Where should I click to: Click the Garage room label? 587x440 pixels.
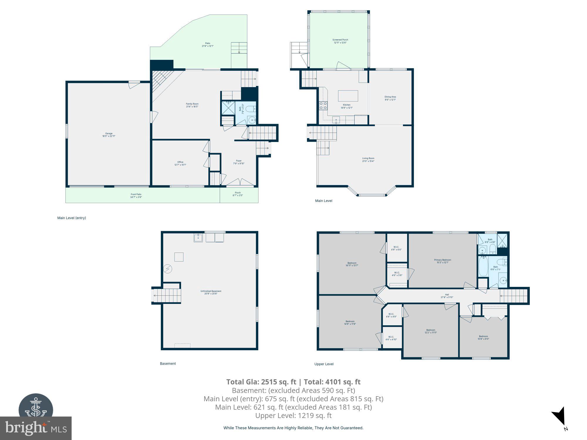(x=109, y=135)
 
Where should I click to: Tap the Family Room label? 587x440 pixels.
(x=192, y=105)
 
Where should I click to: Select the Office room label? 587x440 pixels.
(x=180, y=163)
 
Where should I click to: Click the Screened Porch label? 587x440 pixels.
(x=340, y=41)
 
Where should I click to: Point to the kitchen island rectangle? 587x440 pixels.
(x=348, y=96)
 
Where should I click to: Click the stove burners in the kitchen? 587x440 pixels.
(x=323, y=105)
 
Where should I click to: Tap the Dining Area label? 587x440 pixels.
(x=390, y=98)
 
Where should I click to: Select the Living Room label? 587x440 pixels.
(x=368, y=160)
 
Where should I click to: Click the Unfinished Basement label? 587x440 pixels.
(x=211, y=292)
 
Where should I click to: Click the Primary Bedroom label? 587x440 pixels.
(x=442, y=261)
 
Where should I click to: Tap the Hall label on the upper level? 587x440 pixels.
(x=447, y=296)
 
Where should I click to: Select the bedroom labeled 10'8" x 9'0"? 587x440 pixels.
(x=483, y=337)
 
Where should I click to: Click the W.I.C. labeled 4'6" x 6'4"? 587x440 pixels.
(x=396, y=248)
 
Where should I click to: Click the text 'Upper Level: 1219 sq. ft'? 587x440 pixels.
(x=293, y=415)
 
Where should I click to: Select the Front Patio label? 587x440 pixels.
(x=136, y=195)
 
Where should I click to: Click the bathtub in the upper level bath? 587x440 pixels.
(x=483, y=267)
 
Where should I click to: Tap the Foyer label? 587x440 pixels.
(x=239, y=162)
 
